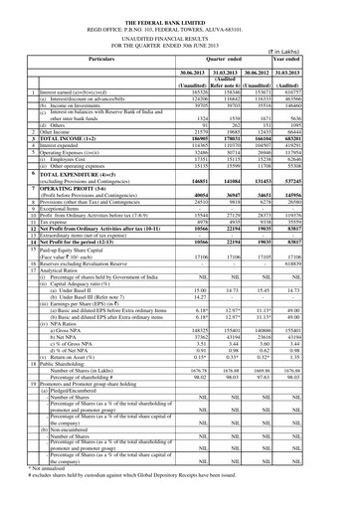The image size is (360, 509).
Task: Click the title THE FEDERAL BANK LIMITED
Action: [x=180, y=6]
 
